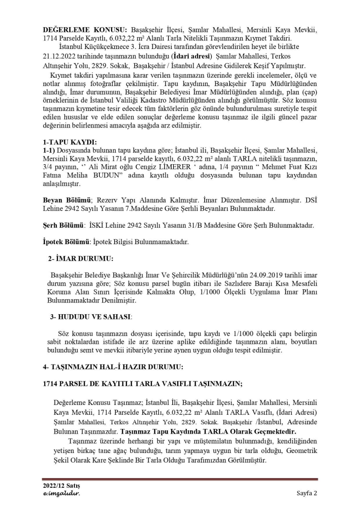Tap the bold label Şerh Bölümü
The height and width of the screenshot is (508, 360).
click(64, 225)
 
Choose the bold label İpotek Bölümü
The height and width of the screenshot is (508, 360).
click(66, 242)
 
